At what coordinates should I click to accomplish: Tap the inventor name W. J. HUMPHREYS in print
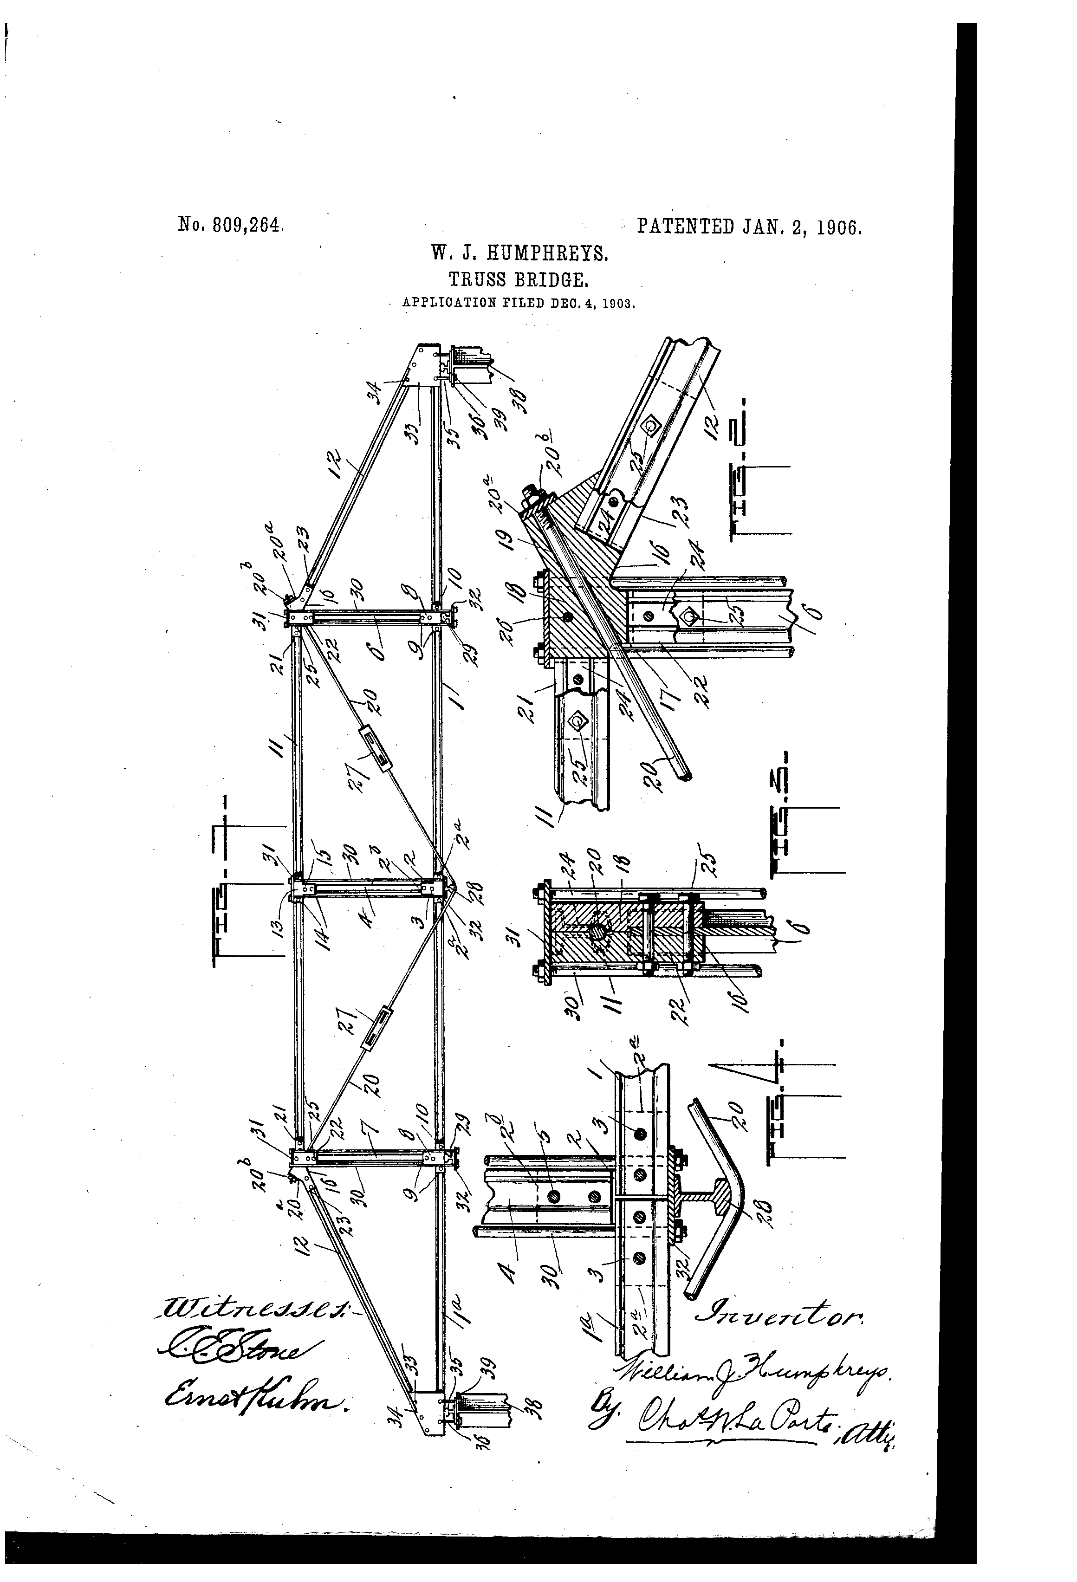519,254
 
